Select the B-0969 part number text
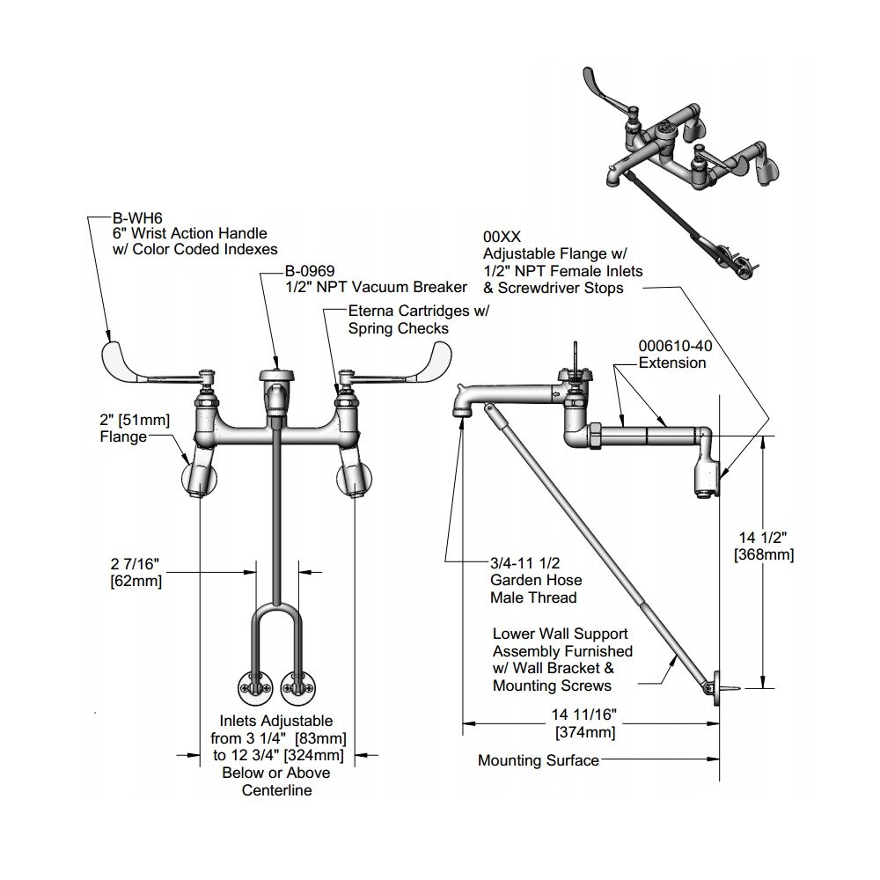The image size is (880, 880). pos(310,271)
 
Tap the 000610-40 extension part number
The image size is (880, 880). pos(675,346)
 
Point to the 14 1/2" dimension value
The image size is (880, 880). pos(763,538)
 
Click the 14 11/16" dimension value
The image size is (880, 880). pos(584,715)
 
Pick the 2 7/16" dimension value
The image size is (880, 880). pos(135,563)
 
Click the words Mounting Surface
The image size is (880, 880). pos(539,760)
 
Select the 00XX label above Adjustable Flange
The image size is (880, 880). pos(502,238)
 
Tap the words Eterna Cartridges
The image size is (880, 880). pos(408,311)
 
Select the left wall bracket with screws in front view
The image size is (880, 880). pos(256,687)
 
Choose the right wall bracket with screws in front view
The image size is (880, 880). pos(297,687)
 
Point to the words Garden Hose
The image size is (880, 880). pos(536,580)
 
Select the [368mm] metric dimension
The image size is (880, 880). pos(764,555)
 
